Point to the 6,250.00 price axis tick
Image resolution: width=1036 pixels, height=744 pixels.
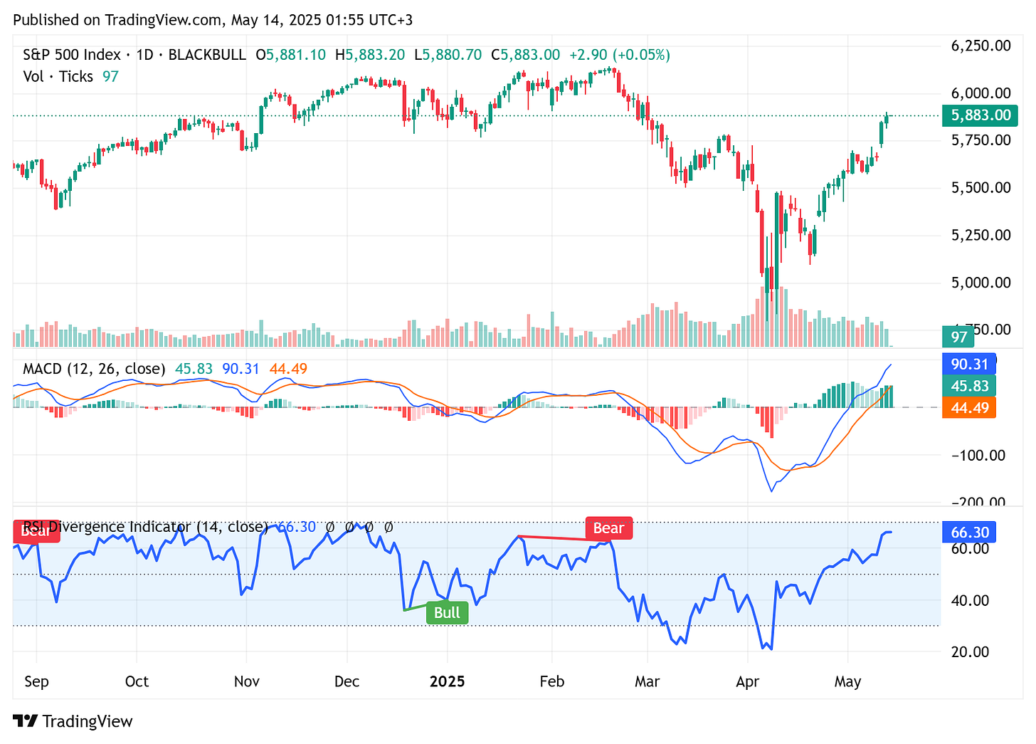pyautogui.click(x=980, y=46)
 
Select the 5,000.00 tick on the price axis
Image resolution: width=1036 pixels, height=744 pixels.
pyautogui.click(x=980, y=283)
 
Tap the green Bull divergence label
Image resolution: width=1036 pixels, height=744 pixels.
pyautogui.click(x=447, y=613)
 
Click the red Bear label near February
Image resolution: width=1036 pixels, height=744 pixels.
pyautogui.click(x=608, y=528)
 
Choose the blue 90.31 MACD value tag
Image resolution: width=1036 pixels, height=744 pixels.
pyautogui.click(x=969, y=365)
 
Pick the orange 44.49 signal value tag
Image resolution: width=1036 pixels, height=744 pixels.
pyautogui.click(x=969, y=408)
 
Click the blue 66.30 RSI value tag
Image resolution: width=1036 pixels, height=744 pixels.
pyautogui.click(x=969, y=533)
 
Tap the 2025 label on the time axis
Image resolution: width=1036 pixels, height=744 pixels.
pyautogui.click(x=447, y=681)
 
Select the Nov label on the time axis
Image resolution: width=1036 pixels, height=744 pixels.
pyautogui.click(x=246, y=681)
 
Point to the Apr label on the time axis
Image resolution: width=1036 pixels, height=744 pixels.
pyautogui.click(x=747, y=681)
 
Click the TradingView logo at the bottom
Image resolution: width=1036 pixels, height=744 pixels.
pyautogui.click(x=73, y=721)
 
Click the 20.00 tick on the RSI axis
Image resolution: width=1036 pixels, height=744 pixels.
pyautogui.click(x=970, y=652)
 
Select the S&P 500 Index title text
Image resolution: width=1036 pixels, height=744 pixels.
pyautogui.click(x=71, y=55)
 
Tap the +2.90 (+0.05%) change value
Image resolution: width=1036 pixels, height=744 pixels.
pyautogui.click(x=619, y=55)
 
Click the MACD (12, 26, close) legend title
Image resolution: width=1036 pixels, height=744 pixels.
pyautogui.click(x=94, y=369)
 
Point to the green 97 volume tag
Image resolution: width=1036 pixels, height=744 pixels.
pyautogui.click(x=959, y=337)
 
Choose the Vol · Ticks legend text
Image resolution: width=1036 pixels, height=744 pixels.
pyautogui.click(x=58, y=77)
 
